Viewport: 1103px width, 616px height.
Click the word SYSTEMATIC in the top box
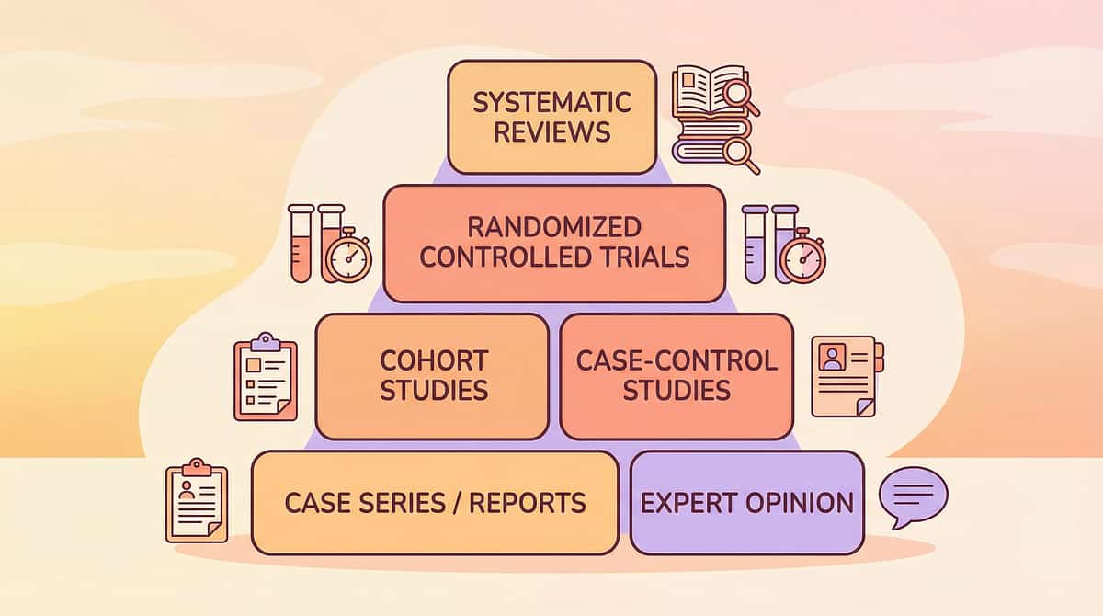tap(552, 101)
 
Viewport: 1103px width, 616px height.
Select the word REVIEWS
tap(552, 131)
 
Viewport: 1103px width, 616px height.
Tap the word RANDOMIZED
tap(554, 226)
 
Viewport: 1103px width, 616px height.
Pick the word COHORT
tap(434, 359)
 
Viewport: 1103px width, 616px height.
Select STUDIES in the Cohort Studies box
tap(434, 390)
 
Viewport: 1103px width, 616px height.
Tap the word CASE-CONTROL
tap(677, 359)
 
